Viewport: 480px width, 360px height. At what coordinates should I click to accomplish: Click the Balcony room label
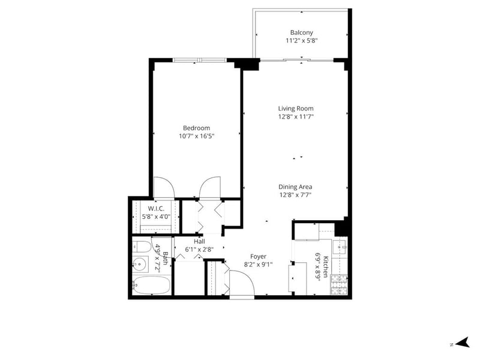(x=302, y=32)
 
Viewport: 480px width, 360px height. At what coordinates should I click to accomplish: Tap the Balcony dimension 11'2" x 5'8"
(x=302, y=41)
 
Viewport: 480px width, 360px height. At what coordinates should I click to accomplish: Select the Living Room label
(x=296, y=109)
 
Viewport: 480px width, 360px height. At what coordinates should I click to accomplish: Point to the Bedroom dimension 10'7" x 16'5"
(x=197, y=136)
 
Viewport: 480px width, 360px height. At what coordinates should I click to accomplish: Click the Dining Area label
(x=295, y=187)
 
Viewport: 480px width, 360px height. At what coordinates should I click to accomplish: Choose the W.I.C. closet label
(x=156, y=209)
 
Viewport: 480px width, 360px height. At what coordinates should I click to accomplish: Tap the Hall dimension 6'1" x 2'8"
(x=199, y=250)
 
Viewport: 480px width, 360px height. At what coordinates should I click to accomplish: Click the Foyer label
(x=259, y=257)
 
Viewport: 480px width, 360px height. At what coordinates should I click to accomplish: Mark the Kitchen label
(x=326, y=266)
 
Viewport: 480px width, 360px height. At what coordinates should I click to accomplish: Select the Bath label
(x=166, y=259)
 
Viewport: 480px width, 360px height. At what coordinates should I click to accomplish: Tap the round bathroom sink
(x=140, y=263)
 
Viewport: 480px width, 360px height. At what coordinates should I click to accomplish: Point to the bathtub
(x=151, y=285)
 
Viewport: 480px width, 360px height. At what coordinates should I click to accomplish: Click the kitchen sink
(x=340, y=246)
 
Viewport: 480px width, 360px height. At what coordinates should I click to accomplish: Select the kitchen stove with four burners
(x=339, y=284)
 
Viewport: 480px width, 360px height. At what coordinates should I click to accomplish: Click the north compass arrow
(x=463, y=342)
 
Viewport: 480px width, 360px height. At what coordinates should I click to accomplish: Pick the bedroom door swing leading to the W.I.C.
(x=164, y=187)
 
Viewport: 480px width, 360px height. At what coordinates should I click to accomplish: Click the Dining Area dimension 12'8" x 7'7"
(x=295, y=194)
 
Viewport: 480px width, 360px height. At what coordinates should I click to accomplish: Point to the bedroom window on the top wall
(x=200, y=60)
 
